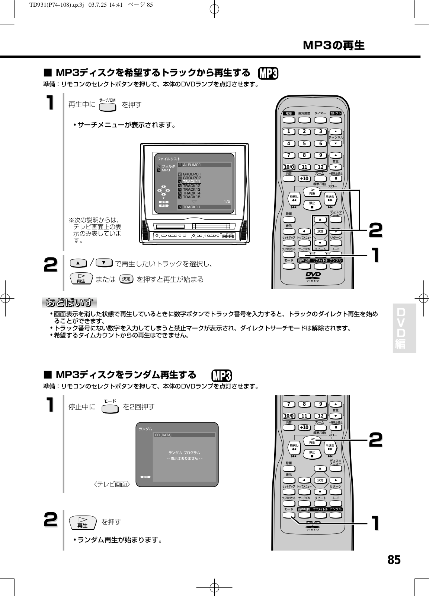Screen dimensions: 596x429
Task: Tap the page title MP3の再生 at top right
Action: (x=333, y=45)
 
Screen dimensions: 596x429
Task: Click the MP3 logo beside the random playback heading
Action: (x=221, y=375)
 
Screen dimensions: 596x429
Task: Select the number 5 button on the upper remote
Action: (x=304, y=144)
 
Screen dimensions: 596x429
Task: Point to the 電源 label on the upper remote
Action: (x=288, y=113)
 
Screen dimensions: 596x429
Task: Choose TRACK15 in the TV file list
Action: (x=191, y=197)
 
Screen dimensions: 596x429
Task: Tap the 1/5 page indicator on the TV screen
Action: (x=227, y=202)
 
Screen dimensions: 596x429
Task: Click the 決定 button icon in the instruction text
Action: (x=127, y=279)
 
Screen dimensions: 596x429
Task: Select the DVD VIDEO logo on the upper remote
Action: (x=313, y=277)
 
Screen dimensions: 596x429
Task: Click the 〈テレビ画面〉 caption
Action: (x=112, y=485)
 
